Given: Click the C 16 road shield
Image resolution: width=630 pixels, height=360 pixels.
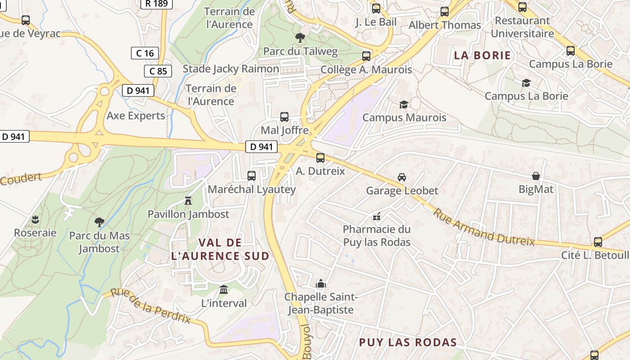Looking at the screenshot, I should tap(145, 53).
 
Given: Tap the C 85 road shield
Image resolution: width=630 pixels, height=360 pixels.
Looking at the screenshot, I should tap(158, 71).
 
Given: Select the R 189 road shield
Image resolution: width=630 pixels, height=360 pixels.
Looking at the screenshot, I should tap(157, 4).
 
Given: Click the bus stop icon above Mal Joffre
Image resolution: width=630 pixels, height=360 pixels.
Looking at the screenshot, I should tap(284, 117).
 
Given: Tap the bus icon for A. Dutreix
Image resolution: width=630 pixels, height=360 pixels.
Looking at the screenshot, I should tap(320, 158).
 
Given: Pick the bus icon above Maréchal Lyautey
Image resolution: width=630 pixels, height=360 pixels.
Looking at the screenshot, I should tap(252, 176).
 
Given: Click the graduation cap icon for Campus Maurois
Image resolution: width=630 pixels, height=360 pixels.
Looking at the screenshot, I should tap(404, 104).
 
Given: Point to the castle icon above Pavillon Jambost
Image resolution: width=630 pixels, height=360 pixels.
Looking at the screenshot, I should tap(188, 201).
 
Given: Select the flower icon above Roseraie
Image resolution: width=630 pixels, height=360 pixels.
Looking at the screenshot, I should tap(35, 220).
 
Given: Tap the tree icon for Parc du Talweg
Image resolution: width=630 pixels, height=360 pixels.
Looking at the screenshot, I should tap(300, 38).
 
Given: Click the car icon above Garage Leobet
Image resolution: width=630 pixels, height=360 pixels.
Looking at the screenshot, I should tap(402, 177).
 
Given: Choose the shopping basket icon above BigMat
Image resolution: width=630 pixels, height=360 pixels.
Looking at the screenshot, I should tap(535, 176).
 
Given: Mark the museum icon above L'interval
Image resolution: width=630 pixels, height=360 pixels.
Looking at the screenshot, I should tap(224, 289).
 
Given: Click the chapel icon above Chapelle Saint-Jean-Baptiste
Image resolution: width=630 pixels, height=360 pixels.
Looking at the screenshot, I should tap(321, 283).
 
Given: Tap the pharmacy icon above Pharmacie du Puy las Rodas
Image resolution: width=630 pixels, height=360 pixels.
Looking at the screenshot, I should tap(377, 216).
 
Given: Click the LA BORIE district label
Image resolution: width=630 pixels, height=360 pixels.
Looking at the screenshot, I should tap(482, 55).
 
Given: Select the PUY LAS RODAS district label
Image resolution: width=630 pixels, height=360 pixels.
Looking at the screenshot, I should tap(408, 342).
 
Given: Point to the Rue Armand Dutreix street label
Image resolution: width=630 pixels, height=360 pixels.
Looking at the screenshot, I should tap(484, 227).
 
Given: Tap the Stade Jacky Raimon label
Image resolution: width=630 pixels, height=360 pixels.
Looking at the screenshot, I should tap(231, 69).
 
